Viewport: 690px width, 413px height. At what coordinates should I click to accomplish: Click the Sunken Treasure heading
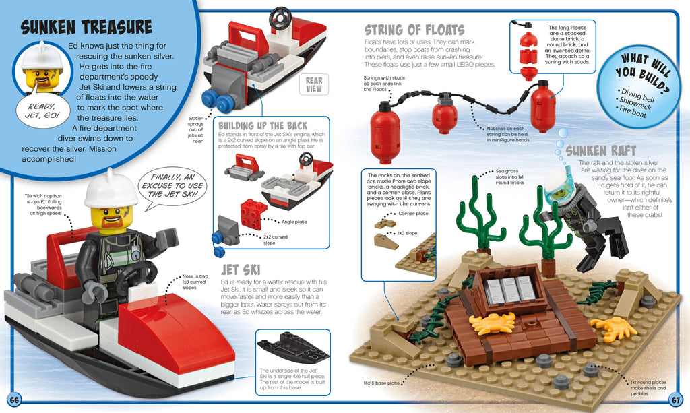[86, 27]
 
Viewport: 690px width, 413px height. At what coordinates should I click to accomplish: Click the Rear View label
[314, 84]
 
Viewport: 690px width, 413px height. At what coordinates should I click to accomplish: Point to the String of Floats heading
[414, 30]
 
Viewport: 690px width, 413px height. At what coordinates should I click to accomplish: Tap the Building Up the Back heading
[263, 126]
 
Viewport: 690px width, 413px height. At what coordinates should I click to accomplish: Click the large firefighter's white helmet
[111, 187]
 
